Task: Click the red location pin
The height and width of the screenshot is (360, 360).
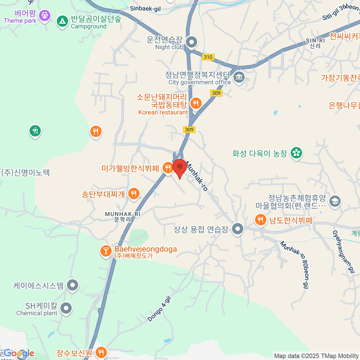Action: (180, 167)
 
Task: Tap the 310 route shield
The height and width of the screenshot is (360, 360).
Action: (208, 57)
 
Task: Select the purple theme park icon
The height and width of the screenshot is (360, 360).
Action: (45, 15)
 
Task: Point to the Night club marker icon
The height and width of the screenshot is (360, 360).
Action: (191, 42)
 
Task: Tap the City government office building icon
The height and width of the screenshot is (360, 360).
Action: (239, 77)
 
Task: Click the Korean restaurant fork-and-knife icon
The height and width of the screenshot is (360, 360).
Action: (196, 103)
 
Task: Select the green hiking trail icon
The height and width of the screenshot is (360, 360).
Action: (35, 130)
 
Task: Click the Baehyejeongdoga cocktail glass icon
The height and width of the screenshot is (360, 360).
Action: (106, 250)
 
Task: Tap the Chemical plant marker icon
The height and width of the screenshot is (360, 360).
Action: (66, 308)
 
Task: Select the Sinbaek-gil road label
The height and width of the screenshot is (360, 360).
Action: (145, 9)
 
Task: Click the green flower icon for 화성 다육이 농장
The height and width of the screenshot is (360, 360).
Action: (296, 153)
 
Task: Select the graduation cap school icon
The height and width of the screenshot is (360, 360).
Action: (335, 201)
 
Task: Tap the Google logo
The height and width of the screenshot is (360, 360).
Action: (19, 353)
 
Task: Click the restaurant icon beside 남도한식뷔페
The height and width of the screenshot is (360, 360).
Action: (260, 220)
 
